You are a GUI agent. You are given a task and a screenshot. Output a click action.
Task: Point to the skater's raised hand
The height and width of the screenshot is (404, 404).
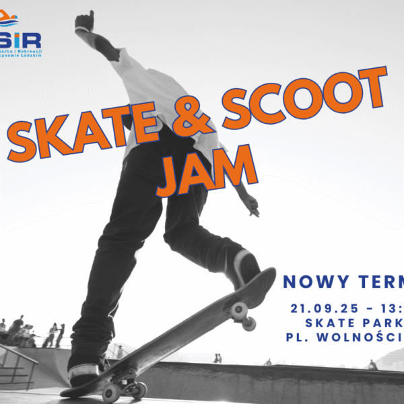pos(85,21)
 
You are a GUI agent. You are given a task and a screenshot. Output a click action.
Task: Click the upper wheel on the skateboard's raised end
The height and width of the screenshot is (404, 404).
pos(238,309)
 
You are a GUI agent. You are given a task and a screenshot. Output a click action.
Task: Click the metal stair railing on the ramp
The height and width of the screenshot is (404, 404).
pos(20,360)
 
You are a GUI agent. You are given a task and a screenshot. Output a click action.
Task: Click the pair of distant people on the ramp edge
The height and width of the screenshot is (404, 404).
pos(217,358)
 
